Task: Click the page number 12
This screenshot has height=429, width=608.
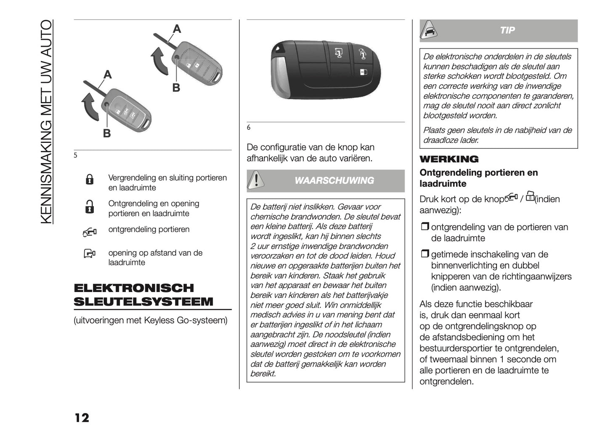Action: coord(82,418)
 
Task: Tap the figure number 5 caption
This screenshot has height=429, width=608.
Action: coord(76,156)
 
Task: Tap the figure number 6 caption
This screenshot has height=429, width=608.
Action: coord(249,128)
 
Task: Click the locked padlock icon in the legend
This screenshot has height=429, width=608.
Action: coord(90,180)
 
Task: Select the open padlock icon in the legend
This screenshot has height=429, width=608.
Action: coord(90,206)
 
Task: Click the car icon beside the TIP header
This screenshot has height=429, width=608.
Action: coord(430,30)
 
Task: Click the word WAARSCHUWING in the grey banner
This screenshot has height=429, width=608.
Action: coord(334,181)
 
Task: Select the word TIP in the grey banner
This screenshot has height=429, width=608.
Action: coord(507,30)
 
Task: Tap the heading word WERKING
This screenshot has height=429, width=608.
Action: coord(449,159)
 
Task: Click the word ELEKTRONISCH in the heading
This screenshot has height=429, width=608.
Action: coord(134,288)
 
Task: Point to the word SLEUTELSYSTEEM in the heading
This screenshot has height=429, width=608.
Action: coord(143,302)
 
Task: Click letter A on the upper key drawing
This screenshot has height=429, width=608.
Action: coord(177,29)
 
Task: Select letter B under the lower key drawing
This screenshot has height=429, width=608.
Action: coord(107,134)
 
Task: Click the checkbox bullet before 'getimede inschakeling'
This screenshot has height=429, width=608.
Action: coord(424,254)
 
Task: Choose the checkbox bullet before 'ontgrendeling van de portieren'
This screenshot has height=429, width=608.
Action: coord(424,227)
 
